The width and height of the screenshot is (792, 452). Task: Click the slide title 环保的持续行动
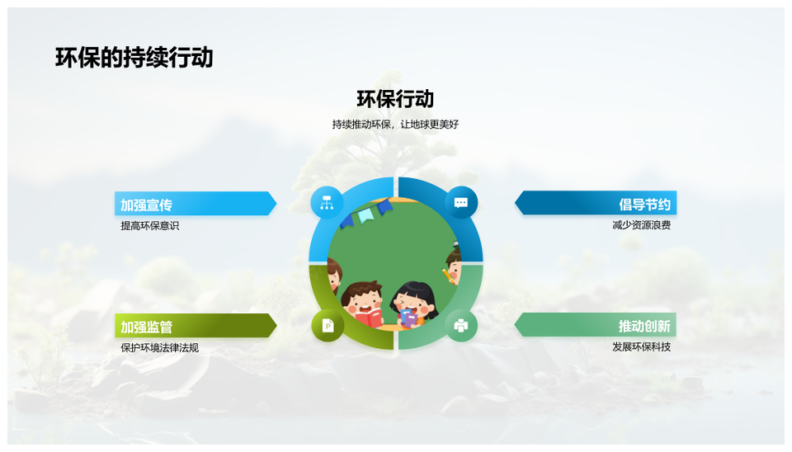[x=134, y=57]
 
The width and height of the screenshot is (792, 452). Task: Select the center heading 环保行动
[x=395, y=99]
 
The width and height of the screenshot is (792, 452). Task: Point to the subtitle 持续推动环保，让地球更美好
[x=395, y=125]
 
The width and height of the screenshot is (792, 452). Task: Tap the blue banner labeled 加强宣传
[x=196, y=204]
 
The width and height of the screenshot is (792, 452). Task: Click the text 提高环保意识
[x=149, y=226]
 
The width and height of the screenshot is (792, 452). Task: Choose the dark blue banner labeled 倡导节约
[x=596, y=203]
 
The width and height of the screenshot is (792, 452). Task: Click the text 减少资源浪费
[x=642, y=225]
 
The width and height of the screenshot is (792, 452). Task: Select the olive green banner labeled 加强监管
[x=196, y=326]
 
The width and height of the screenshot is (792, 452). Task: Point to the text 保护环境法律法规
[x=159, y=347]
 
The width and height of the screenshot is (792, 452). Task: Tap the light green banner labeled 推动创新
[x=596, y=325]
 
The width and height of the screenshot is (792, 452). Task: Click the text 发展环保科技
[x=642, y=347]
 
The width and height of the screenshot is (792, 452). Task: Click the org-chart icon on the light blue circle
[x=327, y=203]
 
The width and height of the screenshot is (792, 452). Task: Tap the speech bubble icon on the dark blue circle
[x=460, y=203]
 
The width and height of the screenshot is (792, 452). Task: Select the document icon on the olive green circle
[x=328, y=326]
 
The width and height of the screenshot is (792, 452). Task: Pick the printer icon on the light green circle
[x=460, y=326]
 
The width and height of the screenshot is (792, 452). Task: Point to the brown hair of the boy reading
[x=361, y=290]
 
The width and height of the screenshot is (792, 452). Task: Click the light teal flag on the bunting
[x=365, y=215]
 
